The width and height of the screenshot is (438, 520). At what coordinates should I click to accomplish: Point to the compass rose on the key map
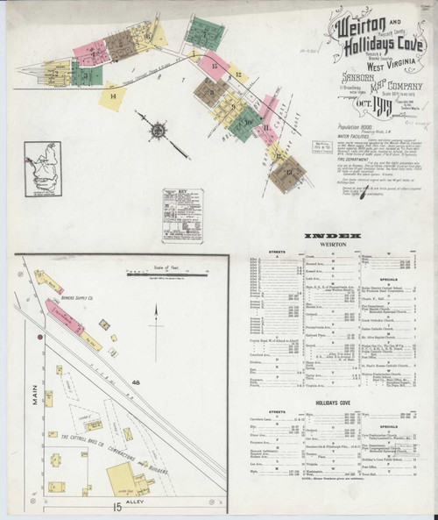(157, 132)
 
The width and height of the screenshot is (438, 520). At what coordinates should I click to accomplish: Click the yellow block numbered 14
(113, 94)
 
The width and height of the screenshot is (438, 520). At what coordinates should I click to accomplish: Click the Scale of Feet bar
(157, 273)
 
